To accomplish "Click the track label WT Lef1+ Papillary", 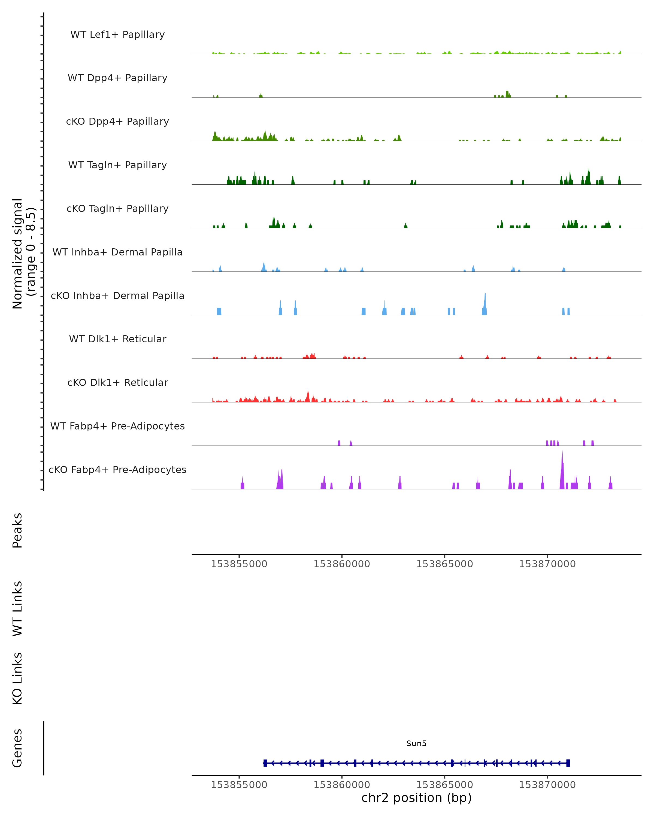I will [117, 35].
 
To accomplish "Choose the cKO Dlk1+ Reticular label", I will [117, 382].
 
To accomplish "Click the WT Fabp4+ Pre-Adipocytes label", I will [117, 426].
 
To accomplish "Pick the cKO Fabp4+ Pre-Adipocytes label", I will [117, 470].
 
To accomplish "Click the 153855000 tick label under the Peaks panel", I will [239, 564].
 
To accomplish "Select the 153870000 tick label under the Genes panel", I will [547, 785].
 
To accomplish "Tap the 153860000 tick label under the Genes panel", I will [342, 785].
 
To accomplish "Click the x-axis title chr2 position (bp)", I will [416, 798].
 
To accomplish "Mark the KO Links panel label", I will [17, 678].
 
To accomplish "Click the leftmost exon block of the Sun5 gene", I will [265, 763].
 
